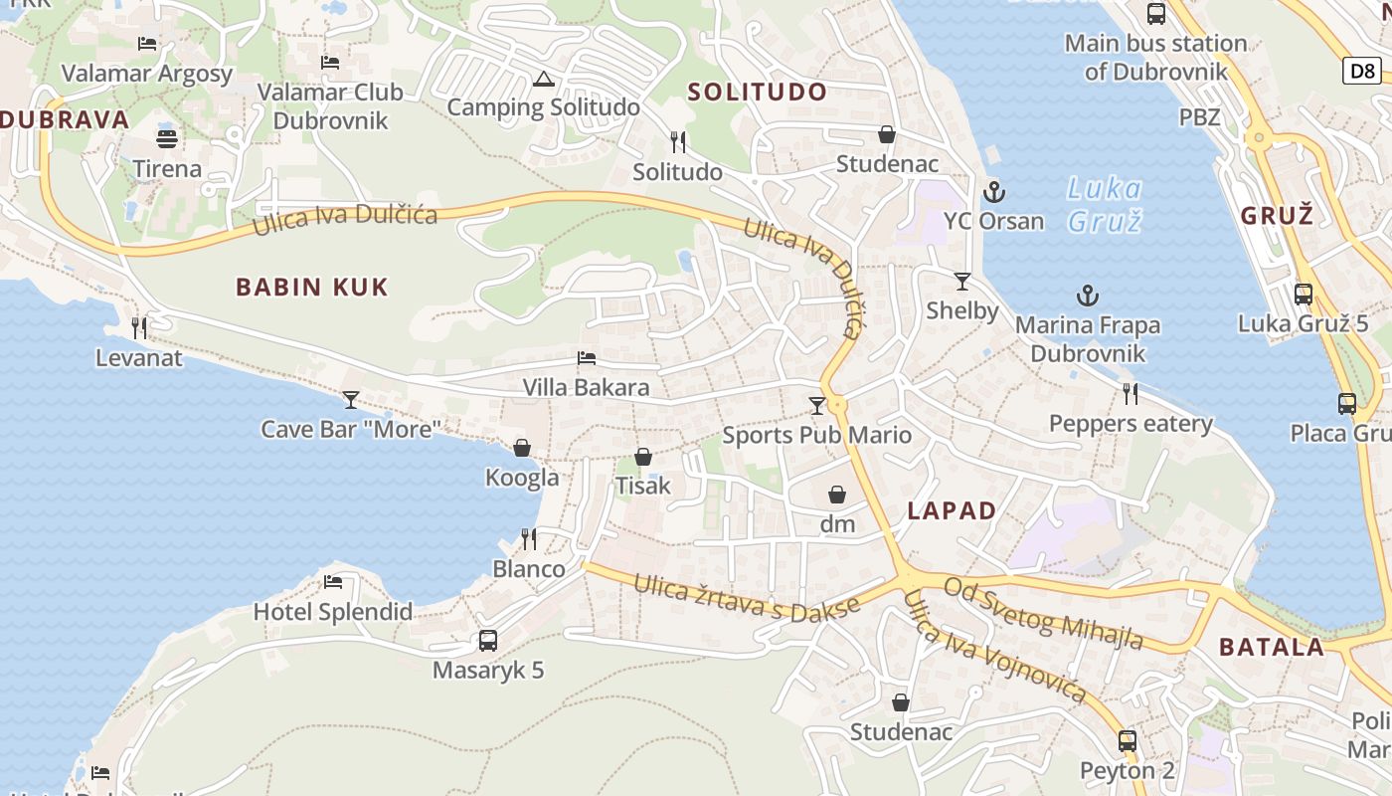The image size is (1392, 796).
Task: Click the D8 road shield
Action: coord(1363,71)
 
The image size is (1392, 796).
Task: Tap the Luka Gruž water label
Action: coord(1104,204)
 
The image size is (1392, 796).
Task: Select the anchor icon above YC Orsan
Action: coord(991,192)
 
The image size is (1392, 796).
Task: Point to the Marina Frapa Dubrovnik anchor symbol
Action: coord(1088,296)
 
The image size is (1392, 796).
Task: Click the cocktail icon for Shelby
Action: coord(961,282)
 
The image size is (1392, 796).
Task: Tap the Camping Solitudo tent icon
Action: coord(543,79)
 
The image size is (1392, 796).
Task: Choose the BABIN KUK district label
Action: coord(311,288)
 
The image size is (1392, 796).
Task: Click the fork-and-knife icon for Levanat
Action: coord(139,327)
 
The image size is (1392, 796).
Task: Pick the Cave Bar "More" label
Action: coord(351,429)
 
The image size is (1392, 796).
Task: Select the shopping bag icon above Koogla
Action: coord(522,449)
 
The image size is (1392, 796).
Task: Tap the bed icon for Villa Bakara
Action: coord(587,358)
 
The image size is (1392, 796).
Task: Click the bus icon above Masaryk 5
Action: coord(487,641)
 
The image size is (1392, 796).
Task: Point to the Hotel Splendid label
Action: coord(333,611)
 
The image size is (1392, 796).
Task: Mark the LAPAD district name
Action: coord(952,510)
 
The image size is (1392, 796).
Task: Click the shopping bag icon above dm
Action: coord(837,495)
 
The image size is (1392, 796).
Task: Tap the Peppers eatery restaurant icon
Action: coord(1131,394)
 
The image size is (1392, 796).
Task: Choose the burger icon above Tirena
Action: coord(167,138)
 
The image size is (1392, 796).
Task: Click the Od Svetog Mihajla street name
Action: coord(1043,613)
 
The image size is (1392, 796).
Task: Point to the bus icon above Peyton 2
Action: coord(1127,741)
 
